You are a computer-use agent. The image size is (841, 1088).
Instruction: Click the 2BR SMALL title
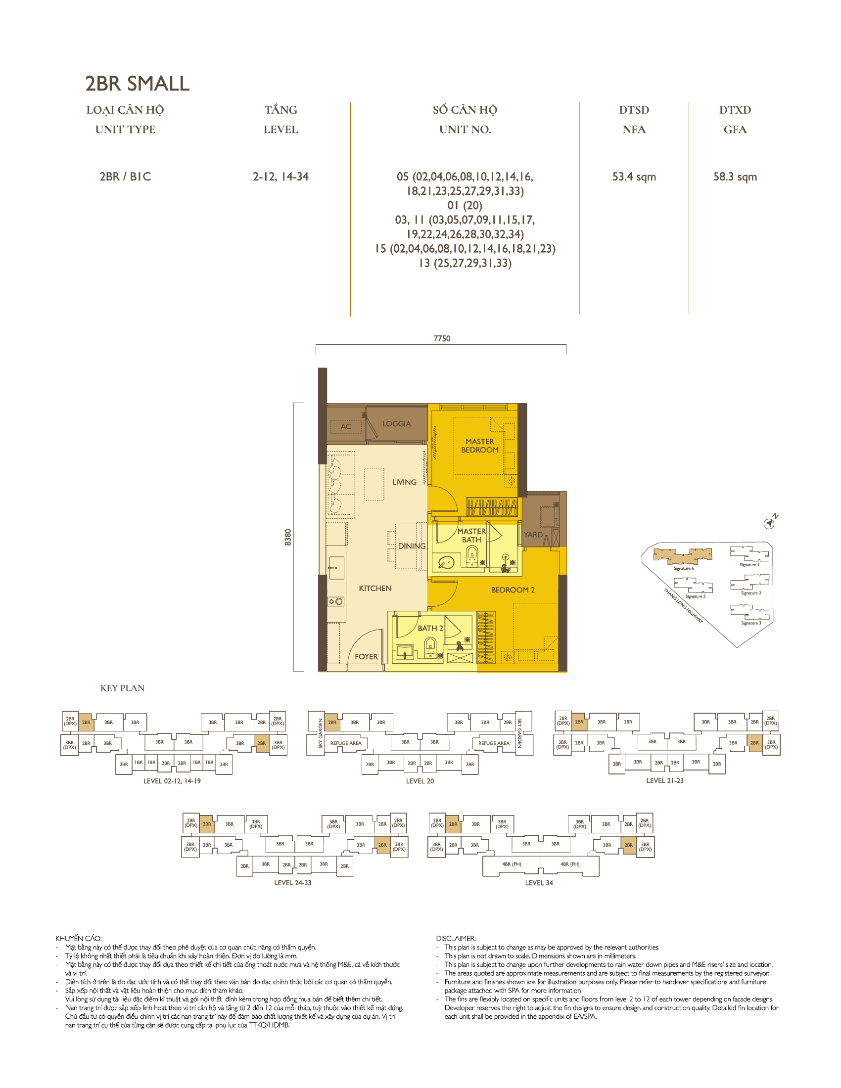(x=137, y=84)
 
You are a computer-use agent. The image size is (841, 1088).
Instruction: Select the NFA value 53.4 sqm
(x=634, y=177)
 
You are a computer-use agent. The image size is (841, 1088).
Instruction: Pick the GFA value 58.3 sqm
(x=735, y=177)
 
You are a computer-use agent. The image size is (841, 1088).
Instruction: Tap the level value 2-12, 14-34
(x=280, y=177)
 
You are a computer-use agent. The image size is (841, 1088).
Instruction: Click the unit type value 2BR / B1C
(x=125, y=177)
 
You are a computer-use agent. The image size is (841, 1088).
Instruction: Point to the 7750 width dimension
(x=441, y=339)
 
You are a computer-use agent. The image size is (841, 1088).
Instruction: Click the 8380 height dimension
(x=288, y=537)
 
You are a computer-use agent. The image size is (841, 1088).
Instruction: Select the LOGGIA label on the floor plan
(x=397, y=424)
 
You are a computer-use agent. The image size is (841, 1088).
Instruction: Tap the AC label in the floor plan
(x=346, y=427)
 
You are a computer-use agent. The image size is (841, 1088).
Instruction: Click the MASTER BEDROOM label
(x=480, y=446)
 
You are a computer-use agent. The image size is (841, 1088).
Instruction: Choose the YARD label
(x=533, y=535)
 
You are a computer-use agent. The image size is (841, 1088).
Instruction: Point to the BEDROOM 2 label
(x=513, y=590)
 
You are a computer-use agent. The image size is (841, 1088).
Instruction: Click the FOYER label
(x=366, y=657)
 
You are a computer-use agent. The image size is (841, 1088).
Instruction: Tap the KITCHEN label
(x=375, y=589)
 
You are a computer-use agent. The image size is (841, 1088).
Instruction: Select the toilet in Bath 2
(x=430, y=648)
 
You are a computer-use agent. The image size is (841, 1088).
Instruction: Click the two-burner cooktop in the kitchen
(x=336, y=602)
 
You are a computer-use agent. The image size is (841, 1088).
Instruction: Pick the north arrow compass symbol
(x=769, y=523)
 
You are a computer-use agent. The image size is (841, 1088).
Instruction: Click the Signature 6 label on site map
(x=684, y=568)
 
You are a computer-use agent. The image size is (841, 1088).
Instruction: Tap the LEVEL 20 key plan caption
(x=420, y=781)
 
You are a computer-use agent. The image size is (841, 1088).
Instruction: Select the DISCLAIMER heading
(x=456, y=939)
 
